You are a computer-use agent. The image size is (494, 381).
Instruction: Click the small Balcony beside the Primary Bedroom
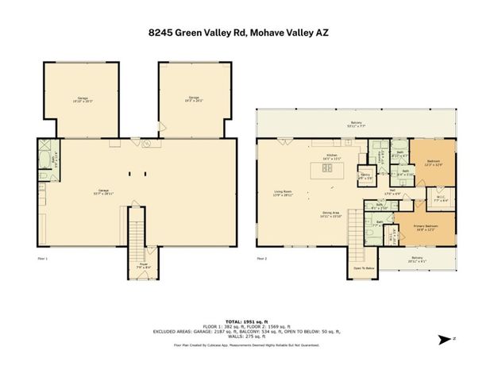tap(418, 258)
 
